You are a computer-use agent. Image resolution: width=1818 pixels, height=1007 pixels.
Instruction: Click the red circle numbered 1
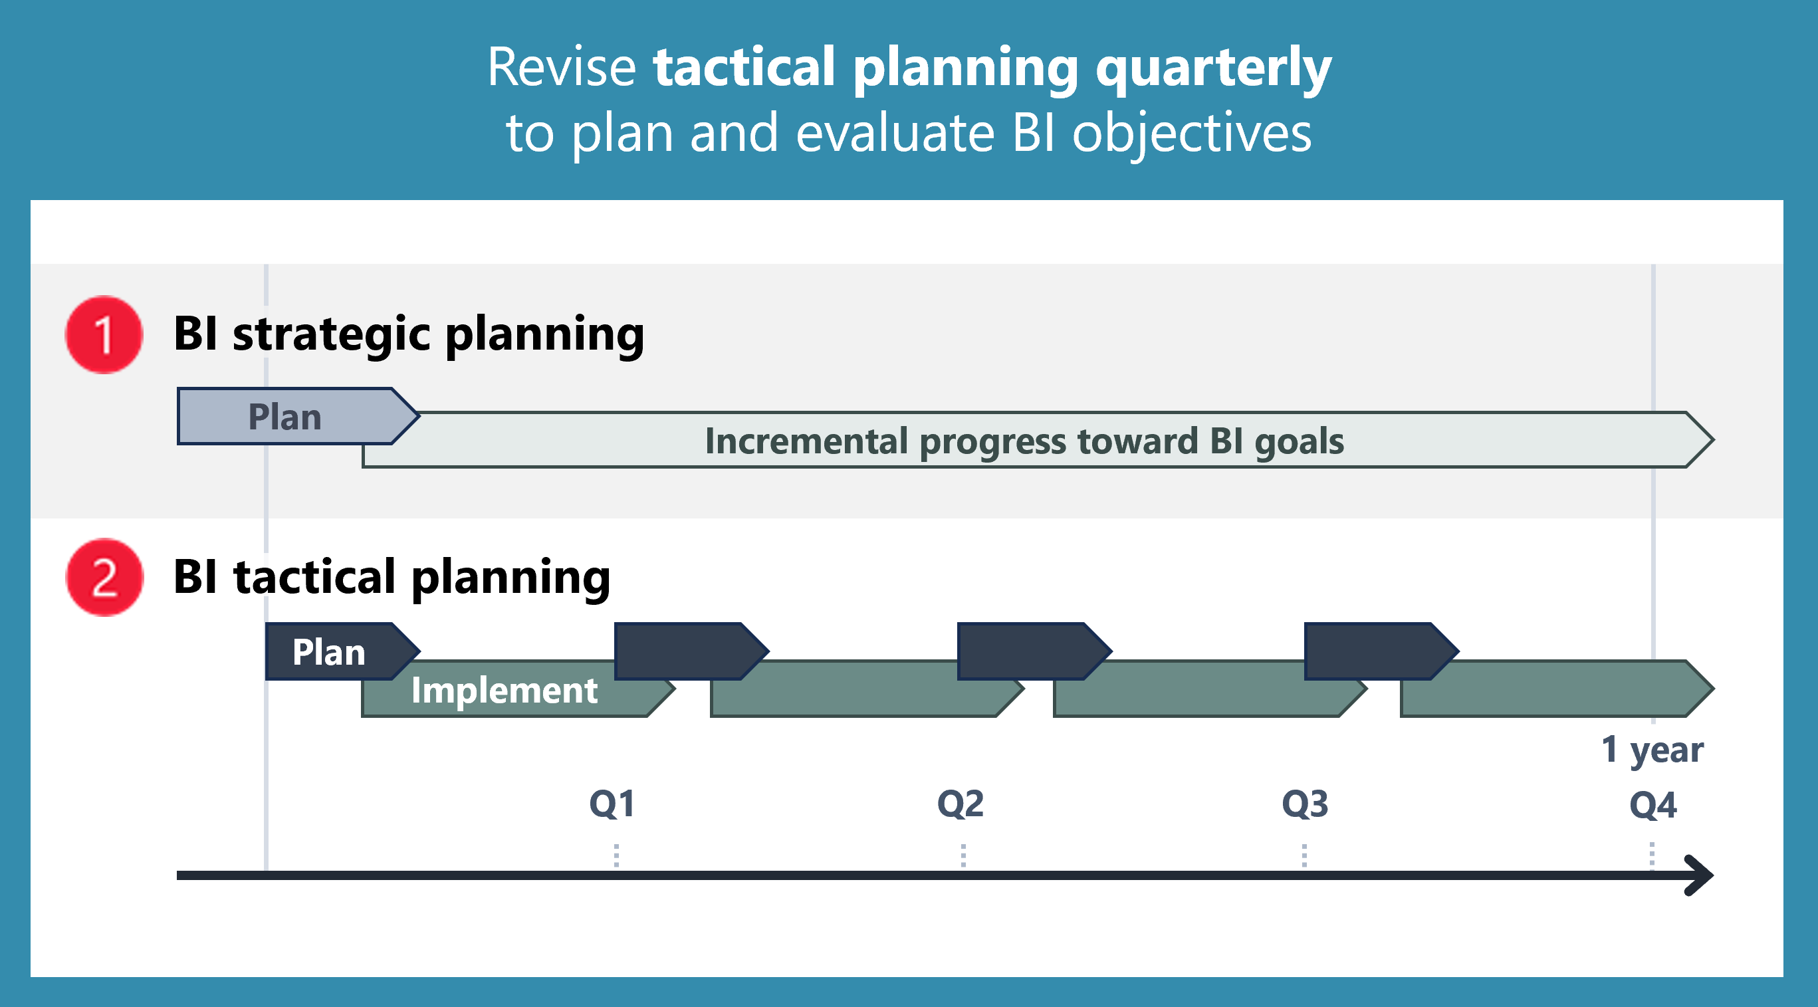104,334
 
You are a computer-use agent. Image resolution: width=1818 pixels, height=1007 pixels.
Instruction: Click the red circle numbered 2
104,577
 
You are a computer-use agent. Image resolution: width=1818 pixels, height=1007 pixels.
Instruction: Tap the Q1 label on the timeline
612,804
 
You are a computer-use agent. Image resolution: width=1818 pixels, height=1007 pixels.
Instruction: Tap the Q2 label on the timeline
960,804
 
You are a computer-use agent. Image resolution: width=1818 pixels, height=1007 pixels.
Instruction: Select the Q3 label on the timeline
1305,804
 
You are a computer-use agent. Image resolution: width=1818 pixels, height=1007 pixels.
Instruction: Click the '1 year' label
1652,749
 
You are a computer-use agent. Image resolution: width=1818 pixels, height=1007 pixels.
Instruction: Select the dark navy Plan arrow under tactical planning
342,651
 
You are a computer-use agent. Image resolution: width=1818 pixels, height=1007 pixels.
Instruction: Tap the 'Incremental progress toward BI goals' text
1025,441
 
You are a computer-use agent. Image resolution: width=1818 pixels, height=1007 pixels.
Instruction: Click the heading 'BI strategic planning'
409,334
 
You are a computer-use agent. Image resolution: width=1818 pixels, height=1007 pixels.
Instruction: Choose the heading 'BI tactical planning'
392,577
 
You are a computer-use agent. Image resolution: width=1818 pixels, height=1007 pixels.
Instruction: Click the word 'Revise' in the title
562,67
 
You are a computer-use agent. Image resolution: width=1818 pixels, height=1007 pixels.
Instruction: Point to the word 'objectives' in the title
1192,134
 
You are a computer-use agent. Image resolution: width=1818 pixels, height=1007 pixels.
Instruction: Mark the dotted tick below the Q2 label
963,855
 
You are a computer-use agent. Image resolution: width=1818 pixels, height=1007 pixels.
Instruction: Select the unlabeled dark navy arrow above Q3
1382,651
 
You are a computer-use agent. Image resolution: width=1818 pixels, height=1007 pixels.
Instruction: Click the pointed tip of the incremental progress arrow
1714,439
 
